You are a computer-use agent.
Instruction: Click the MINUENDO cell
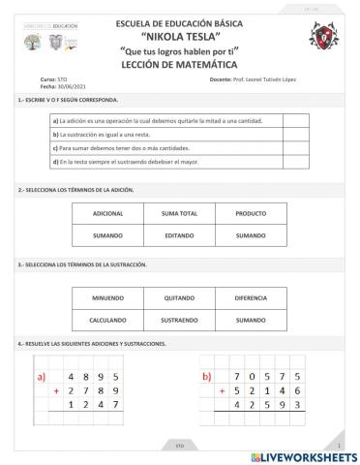click(x=107, y=297)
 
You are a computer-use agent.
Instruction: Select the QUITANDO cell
click(x=179, y=297)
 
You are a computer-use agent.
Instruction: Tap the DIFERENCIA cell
click(x=251, y=297)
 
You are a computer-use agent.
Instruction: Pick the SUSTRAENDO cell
click(x=179, y=320)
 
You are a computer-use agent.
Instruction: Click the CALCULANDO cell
click(x=107, y=320)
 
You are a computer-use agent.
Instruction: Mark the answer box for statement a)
click(x=296, y=120)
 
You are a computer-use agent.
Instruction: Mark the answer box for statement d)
click(x=296, y=161)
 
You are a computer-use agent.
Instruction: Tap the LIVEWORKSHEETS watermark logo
click(x=303, y=454)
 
